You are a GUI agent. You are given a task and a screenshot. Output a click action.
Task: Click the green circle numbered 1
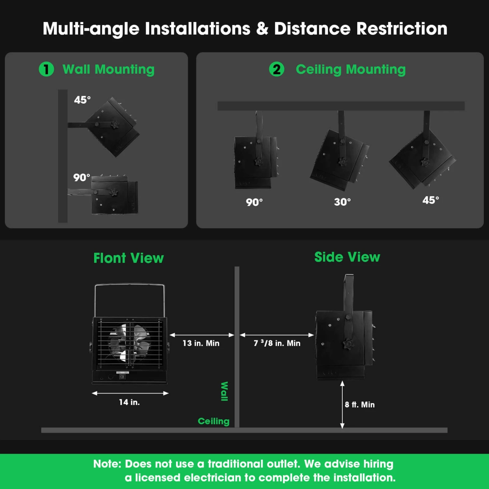pos(46,69)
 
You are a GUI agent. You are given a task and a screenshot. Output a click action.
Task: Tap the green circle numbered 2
pos(276,69)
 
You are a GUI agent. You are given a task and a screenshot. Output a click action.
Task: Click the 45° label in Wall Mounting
pos(82,100)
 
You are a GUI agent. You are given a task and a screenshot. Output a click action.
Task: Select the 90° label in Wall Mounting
pos(81,178)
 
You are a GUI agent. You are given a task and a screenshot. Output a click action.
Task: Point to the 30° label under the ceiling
pos(342,202)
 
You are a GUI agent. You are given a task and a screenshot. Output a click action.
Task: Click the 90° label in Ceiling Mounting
pos(254,202)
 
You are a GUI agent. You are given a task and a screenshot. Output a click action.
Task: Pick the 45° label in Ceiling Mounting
pos(431,200)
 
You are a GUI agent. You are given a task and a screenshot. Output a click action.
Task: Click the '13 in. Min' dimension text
pos(201,343)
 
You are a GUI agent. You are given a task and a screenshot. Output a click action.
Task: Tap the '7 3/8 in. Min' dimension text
pos(277,343)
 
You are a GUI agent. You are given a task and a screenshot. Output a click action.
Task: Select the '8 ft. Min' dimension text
pos(360,405)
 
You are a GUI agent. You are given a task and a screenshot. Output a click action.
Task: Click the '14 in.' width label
pos(129,402)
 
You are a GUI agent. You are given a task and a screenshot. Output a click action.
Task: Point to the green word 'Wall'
pos(224,391)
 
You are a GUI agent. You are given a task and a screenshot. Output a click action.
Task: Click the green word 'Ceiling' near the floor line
pos(214,421)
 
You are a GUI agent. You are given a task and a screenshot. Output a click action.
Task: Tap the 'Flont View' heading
pos(128,258)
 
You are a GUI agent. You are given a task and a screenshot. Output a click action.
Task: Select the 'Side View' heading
pos(347,257)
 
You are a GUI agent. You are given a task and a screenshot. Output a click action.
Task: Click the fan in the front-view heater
pos(130,343)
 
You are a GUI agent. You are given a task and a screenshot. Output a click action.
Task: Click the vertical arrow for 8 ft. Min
pos(342,405)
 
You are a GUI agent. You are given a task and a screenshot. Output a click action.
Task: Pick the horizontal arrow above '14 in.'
pos(130,393)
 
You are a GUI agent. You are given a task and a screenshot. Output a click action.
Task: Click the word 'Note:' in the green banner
pos(107,464)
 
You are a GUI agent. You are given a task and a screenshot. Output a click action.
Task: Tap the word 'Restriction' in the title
pos(402,29)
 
